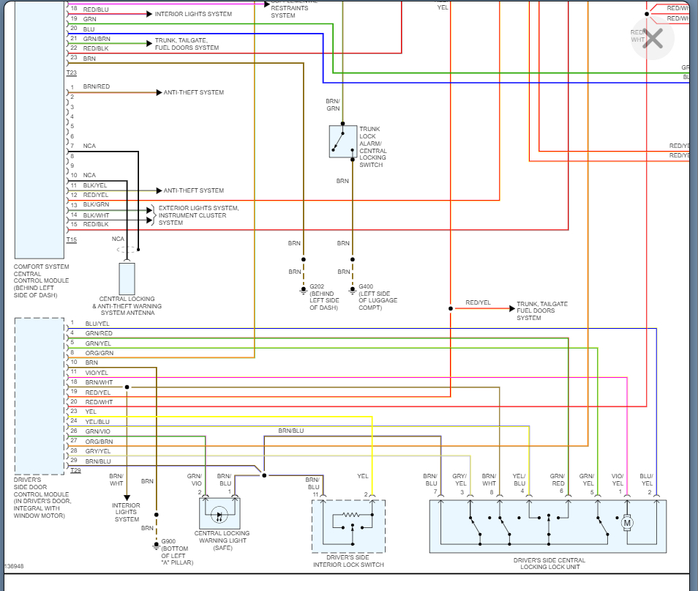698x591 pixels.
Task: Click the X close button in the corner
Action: (x=652, y=37)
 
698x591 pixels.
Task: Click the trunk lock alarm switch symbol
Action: (x=343, y=141)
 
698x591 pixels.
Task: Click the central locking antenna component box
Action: (x=127, y=278)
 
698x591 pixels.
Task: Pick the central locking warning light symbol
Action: (x=219, y=514)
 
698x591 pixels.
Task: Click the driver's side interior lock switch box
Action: (x=348, y=527)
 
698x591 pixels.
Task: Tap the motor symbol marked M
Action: (x=626, y=523)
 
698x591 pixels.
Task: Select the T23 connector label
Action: (x=71, y=73)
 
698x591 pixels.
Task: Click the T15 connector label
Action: (x=71, y=239)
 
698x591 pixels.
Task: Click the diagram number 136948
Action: (x=14, y=566)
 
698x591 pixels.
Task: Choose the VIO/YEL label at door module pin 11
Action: (x=97, y=373)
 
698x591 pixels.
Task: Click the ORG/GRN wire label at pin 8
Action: (x=100, y=353)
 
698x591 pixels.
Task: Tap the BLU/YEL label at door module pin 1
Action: (x=97, y=324)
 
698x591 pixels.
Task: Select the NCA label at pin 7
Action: (x=89, y=146)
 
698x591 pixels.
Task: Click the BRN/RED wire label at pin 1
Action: (x=97, y=87)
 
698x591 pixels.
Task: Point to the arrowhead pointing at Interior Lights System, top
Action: (x=151, y=14)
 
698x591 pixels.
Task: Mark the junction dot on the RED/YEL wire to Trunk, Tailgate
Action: (x=451, y=308)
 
